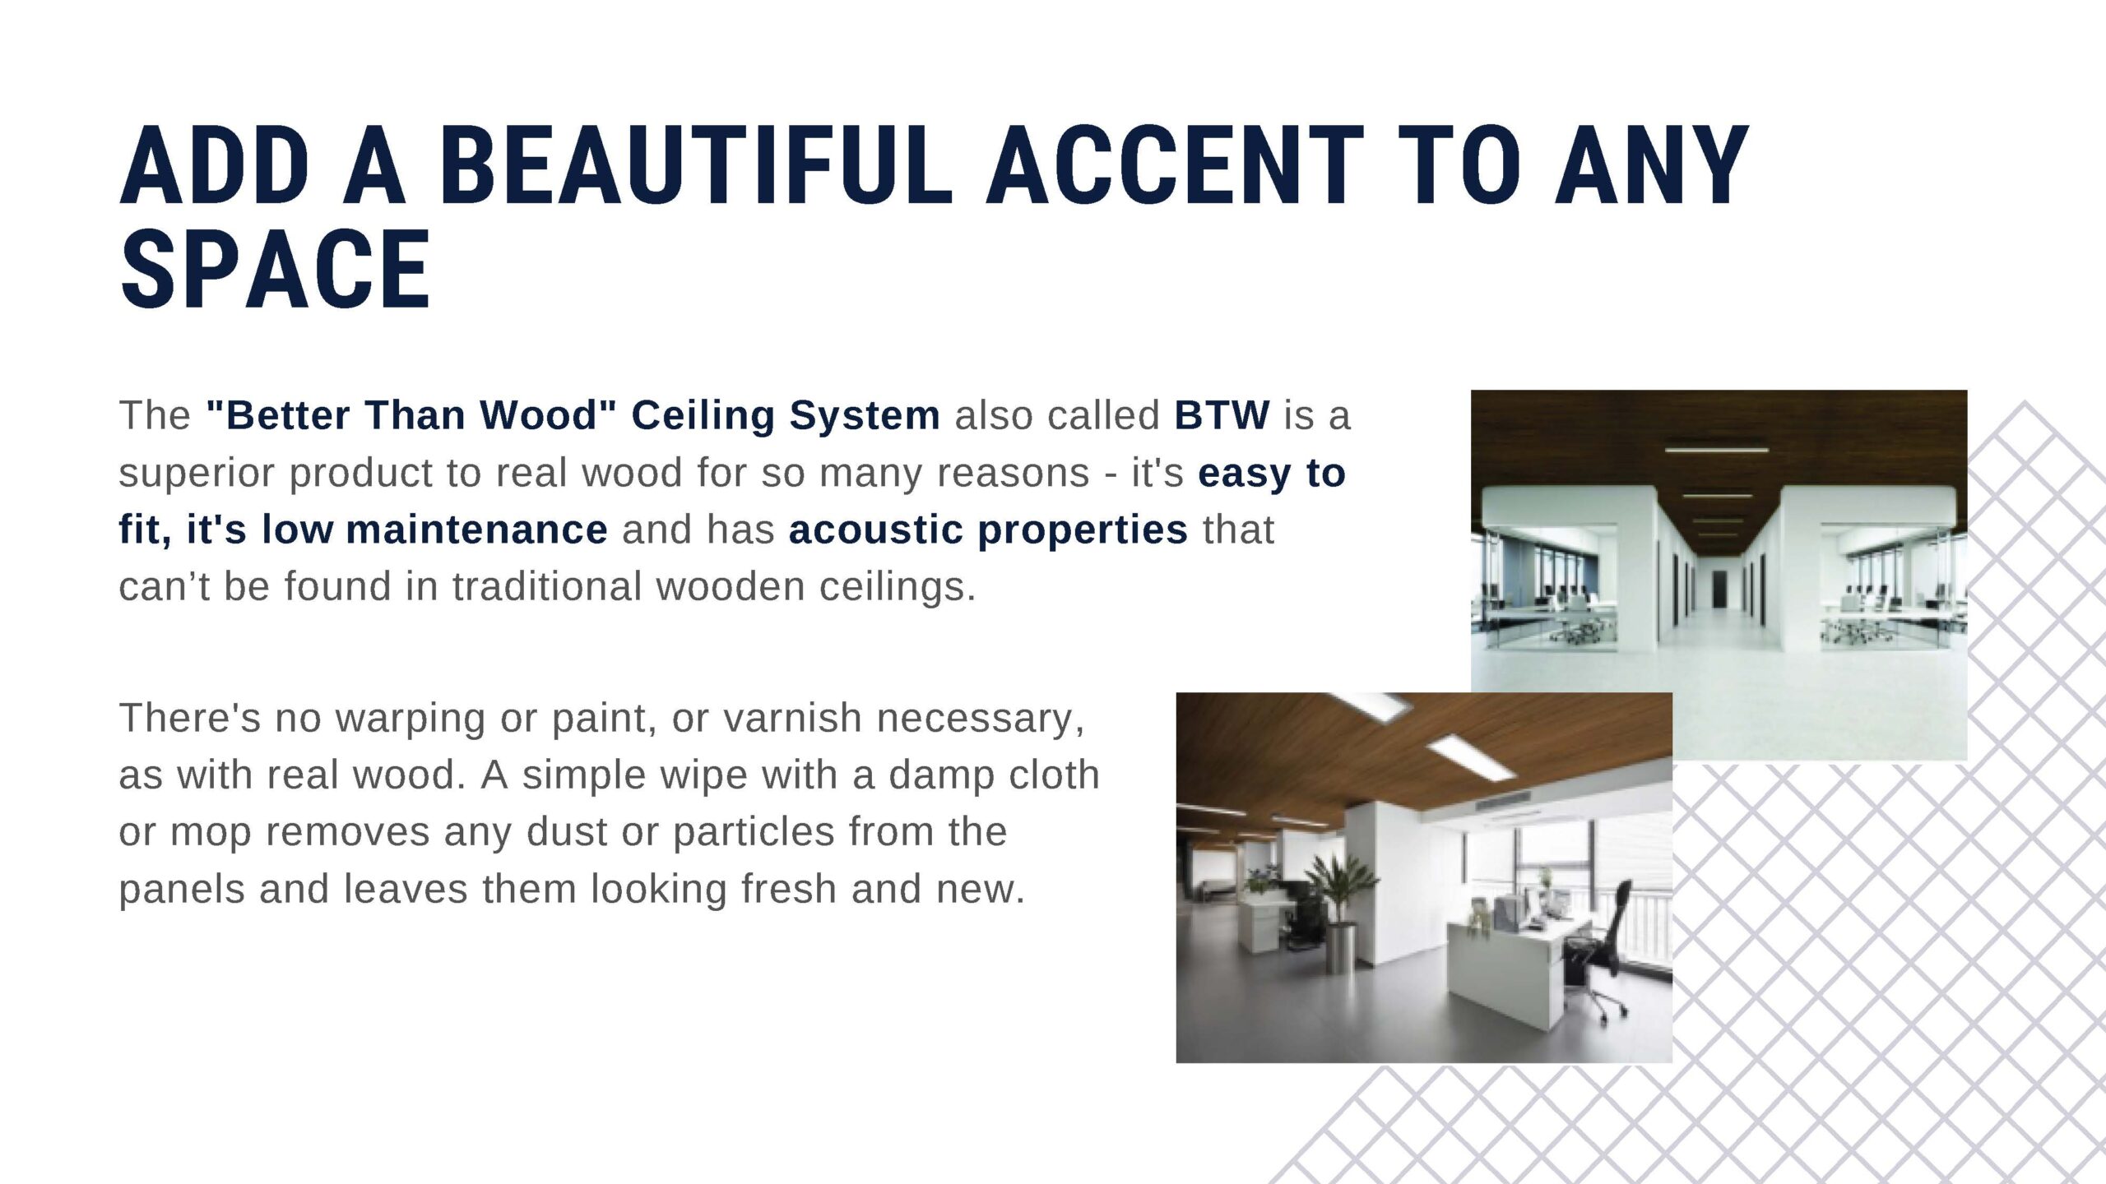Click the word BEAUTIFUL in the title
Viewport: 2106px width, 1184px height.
pos(696,164)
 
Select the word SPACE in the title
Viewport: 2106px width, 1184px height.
pos(276,270)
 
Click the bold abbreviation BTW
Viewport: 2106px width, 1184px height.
pos(1222,414)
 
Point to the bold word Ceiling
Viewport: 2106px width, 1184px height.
pos(703,416)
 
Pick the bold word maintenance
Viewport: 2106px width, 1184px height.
pos(477,529)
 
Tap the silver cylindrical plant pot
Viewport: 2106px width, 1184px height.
pos(1343,945)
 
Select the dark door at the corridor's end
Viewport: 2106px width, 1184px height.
pos(1719,590)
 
